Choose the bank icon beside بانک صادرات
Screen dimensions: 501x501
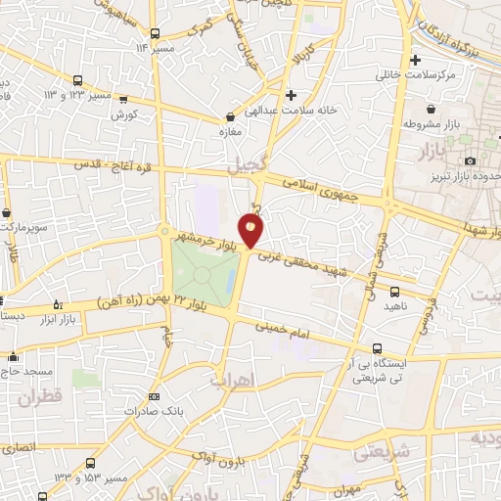153,396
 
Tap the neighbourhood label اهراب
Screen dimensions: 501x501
232,378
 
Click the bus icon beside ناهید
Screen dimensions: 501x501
394,291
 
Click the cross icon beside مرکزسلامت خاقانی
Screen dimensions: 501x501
415,60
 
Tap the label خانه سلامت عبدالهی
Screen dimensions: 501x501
291,111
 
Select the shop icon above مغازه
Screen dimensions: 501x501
229,115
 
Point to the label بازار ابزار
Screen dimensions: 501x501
60,319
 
